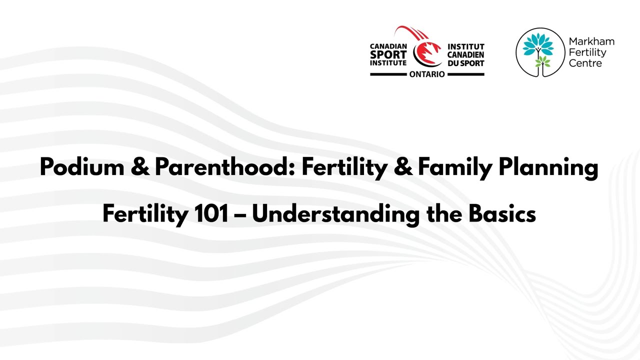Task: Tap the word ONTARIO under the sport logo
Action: pyautogui.click(x=427, y=74)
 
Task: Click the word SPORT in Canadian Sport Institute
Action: pyautogui.click(x=388, y=55)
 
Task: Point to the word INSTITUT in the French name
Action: pyautogui.click(x=465, y=46)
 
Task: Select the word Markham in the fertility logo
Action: pyautogui.click(x=591, y=41)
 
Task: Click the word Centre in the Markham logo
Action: pyautogui.click(x=585, y=63)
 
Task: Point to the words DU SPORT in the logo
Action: pyautogui.click(x=465, y=63)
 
